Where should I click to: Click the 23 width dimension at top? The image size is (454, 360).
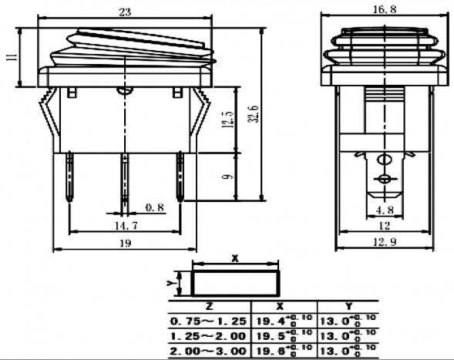(x=124, y=12)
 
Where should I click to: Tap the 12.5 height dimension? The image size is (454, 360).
(x=224, y=121)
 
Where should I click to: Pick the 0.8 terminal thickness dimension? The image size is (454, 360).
(x=154, y=207)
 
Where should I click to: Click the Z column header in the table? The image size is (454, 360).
(x=208, y=306)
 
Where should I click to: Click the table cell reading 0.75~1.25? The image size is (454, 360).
(x=208, y=320)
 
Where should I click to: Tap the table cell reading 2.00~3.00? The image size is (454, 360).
(x=208, y=351)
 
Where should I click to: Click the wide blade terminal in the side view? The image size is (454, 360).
(x=383, y=173)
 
